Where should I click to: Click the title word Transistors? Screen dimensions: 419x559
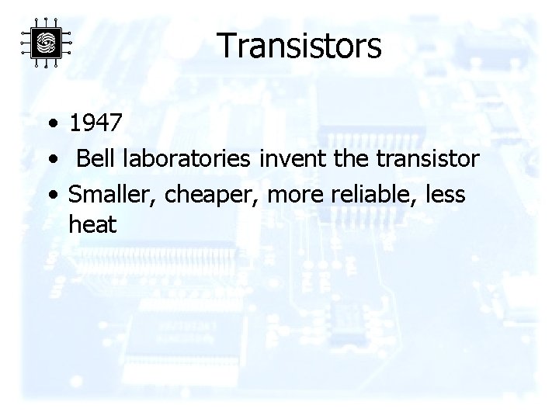(299, 46)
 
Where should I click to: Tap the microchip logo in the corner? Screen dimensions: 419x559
(46, 43)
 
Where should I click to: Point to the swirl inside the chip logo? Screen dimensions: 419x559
(46, 43)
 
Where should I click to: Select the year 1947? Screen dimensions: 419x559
(95, 123)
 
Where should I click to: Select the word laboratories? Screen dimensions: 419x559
(185, 159)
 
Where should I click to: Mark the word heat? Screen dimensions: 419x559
(92, 226)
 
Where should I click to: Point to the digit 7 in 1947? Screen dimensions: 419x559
(114, 123)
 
